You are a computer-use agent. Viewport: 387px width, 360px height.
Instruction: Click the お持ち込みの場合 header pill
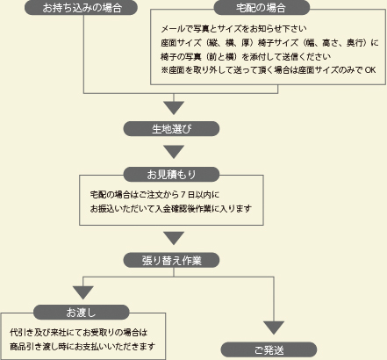pyautogui.click(x=81, y=8)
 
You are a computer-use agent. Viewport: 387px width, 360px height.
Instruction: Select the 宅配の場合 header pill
pyautogui.click(x=262, y=8)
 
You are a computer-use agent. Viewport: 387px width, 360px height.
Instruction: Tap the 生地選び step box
pyautogui.click(x=171, y=129)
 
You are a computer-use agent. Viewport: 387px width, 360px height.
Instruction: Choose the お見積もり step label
pyautogui.click(x=171, y=175)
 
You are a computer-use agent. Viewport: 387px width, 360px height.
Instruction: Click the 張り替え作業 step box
pyautogui.click(x=171, y=260)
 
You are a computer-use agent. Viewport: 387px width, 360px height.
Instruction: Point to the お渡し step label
pyautogui.click(x=82, y=313)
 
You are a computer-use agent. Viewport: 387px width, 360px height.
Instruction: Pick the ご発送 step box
pyautogui.click(x=269, y=349)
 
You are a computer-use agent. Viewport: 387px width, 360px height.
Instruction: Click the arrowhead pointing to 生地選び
pyautogui.click(x=174, y=108)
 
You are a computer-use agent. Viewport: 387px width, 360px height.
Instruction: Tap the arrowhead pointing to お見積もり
pyautogui.click(x=174, y=152)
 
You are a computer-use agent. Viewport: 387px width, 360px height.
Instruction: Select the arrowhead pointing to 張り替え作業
pyautogui.click(x=174, y=238)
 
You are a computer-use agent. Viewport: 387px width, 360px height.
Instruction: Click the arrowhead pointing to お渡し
pyautogui.click(x=83, y=292)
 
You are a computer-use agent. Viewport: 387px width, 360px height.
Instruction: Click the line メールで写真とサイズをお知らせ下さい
pyautogui.click(x=233, y=29)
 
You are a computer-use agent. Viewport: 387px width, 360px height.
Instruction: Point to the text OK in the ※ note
pyautogui.click(x=370, y=70)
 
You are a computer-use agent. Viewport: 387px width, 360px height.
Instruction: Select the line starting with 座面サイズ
pyautogui.click(x=269, y=43)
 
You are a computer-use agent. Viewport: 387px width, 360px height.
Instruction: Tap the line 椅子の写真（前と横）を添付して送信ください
pyautogui.click(x=246, y=56)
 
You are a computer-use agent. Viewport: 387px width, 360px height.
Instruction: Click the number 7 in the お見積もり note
pyautogui.click(x=183, y=194)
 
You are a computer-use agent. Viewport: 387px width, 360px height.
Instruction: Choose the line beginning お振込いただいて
pyautogui.click(x=171, y=209)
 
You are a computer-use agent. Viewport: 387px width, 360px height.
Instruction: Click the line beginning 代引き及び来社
pyautogui.click(x=78, y=333)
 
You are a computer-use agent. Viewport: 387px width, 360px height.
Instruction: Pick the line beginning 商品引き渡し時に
pyautogui.click(x=82, y=347)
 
